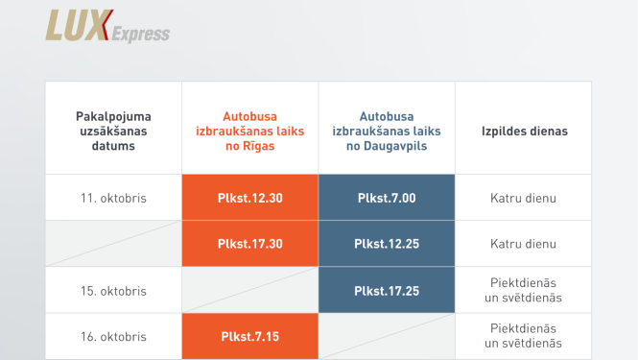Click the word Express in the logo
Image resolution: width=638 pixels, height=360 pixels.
(x=140, y=35)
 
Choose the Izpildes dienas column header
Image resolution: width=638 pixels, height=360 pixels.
(x=524, y=131)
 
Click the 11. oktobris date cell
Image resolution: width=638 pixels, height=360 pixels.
(x=113, y=199)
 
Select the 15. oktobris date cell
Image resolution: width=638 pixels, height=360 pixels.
(x=113, y=290)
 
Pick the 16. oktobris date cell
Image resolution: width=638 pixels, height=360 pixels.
(x=113, y=336)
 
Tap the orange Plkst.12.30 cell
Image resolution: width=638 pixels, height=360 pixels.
(x=250, y=199)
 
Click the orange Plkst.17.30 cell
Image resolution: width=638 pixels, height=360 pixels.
(x=250, y=244)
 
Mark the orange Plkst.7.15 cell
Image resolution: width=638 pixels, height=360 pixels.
(x=250, y=336)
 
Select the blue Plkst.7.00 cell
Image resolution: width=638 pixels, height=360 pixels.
(x=387, y=199)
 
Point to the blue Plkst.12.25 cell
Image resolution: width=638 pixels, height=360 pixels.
(x=387, y=244)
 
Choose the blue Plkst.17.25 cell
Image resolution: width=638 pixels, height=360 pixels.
(x=387, y=290)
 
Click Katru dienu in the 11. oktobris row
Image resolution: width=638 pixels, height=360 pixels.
(x=524, y=199)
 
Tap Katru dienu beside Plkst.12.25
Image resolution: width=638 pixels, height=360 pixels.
(x=524, y=244)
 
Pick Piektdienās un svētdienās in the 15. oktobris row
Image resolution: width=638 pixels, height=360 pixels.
(x=524, y=290)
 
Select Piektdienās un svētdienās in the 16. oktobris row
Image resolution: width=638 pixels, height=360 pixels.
(x=524, y=336)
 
